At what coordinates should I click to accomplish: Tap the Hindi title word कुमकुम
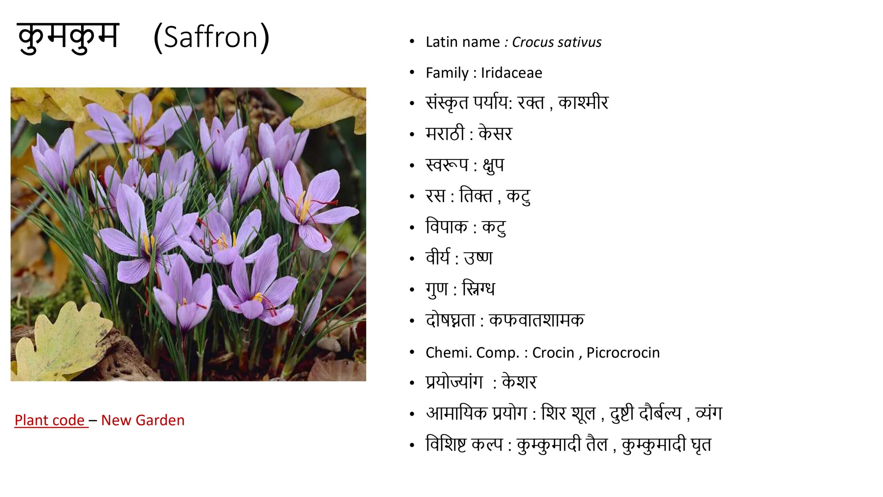pos(68,37)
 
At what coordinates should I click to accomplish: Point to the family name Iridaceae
pos(512,73)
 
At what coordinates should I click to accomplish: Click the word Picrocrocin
pos(623,353)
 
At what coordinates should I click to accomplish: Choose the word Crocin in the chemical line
pos(553,353)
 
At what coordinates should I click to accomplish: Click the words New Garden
pos(143,420)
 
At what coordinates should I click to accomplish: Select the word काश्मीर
pos(583,103)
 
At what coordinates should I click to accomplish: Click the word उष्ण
pos(478,258)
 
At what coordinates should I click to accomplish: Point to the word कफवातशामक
pos(537,320)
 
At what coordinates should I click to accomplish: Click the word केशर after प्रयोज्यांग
pos(519,382)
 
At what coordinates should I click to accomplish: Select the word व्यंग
pos(709,413)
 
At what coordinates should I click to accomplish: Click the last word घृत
pos(701,445)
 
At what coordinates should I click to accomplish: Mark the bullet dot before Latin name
pos(411,42)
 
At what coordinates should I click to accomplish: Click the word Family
pos(447,73)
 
